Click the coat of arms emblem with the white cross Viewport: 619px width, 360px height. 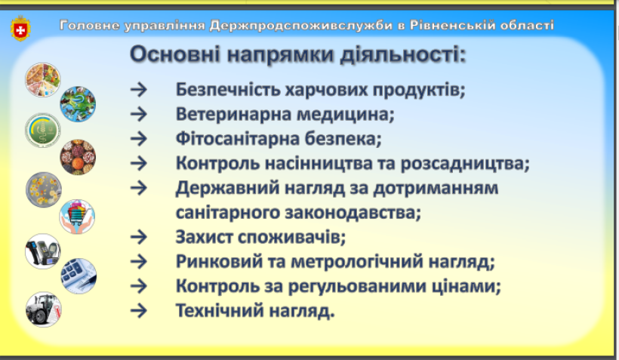20,29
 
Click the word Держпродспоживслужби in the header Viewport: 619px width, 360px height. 300,25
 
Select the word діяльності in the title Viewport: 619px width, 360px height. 402,54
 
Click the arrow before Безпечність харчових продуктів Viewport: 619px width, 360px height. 139,90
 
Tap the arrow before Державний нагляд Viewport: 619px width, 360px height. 139,188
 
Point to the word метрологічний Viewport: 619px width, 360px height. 356,262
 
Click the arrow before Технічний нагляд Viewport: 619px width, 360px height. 139,311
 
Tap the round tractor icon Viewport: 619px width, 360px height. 44,309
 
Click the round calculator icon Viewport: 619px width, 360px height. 79,276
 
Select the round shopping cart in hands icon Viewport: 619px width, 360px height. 77,217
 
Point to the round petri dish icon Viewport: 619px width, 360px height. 44,190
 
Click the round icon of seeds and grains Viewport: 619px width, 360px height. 78,157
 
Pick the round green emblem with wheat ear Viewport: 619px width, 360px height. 42,131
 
